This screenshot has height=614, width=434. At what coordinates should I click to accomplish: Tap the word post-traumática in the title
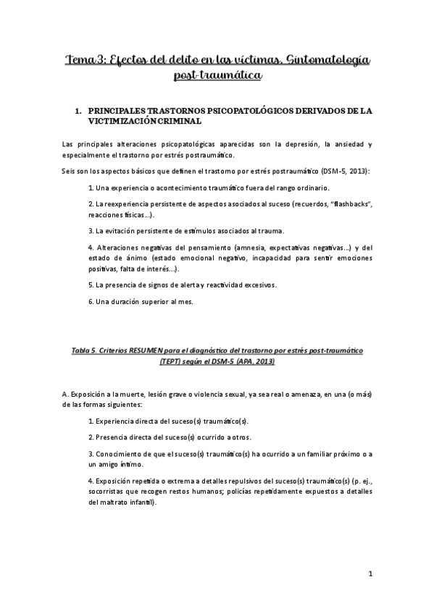pyautogui.click(x=217, y=75)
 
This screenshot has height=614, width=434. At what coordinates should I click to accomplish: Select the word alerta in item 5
pyautogui.click(x=185, y=285)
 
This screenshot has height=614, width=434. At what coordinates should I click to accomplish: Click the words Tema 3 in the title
pyautogui.click(x=83, y=59)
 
